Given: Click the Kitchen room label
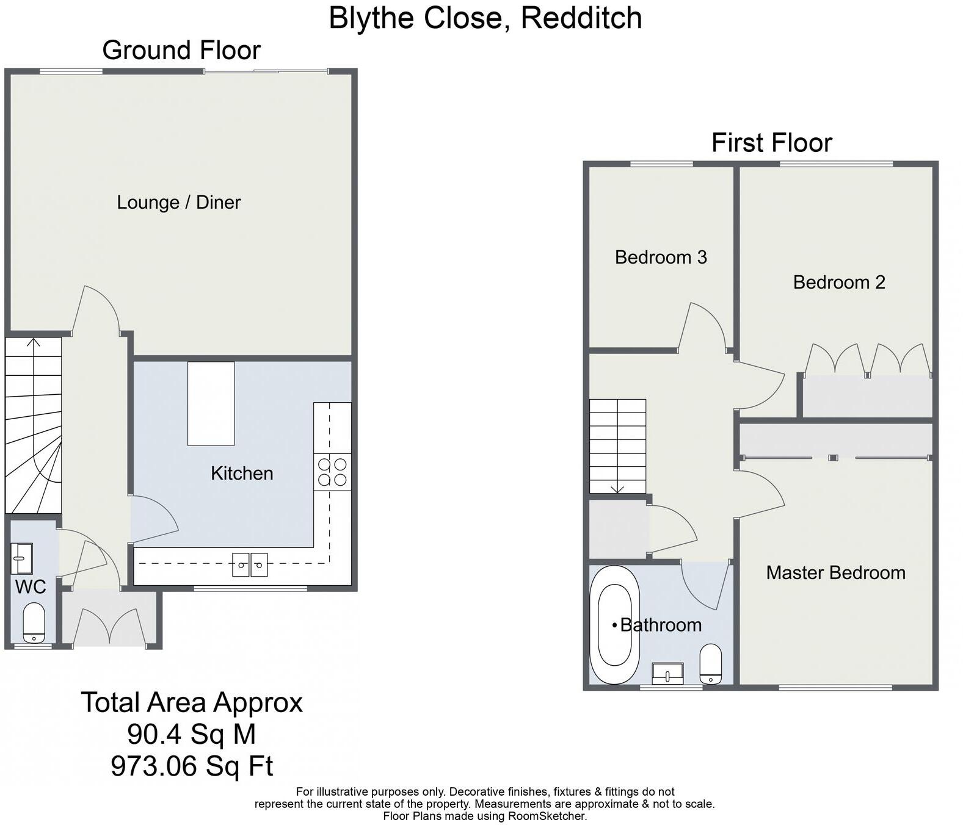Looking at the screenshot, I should [242, 473].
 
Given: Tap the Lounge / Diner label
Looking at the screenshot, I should [179, 202].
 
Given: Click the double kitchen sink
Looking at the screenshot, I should [250, 564].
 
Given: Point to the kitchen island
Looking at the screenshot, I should [211, 403].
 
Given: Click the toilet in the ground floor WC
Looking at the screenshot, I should [34, 623].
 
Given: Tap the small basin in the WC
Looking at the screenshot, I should [22, 558].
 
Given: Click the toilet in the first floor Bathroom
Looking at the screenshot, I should [711, 665].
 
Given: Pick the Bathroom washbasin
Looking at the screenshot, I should [667, 674].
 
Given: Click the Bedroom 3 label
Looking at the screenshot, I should [661, 257].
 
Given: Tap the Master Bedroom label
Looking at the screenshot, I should [835, 572].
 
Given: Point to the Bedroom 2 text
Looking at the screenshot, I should [839, 282].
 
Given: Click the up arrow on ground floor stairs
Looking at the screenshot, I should [34, 343].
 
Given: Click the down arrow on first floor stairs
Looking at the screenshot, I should [617, 488].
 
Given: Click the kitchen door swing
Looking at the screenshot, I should [153, 519].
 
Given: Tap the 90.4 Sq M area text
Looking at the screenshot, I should [192, 734].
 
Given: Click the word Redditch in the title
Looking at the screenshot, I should [581, 18].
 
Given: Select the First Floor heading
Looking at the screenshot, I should [771, 143].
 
